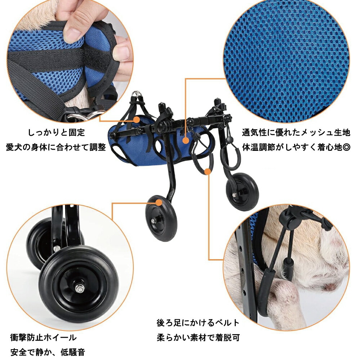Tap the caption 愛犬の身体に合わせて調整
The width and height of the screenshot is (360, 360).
[56, 147]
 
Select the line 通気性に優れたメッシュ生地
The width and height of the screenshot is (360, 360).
[296, 133]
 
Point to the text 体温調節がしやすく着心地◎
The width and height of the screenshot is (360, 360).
[296, 147]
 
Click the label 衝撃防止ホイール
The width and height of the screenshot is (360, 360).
[44, 338]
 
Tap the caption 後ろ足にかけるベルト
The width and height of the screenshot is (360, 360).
[198, 323]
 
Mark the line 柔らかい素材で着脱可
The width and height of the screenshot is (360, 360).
[198, 338]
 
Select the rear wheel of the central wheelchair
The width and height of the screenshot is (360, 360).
[242, 191]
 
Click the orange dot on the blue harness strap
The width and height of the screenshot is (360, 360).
[137, 119]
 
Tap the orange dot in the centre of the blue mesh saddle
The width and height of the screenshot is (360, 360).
[186, 140]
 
